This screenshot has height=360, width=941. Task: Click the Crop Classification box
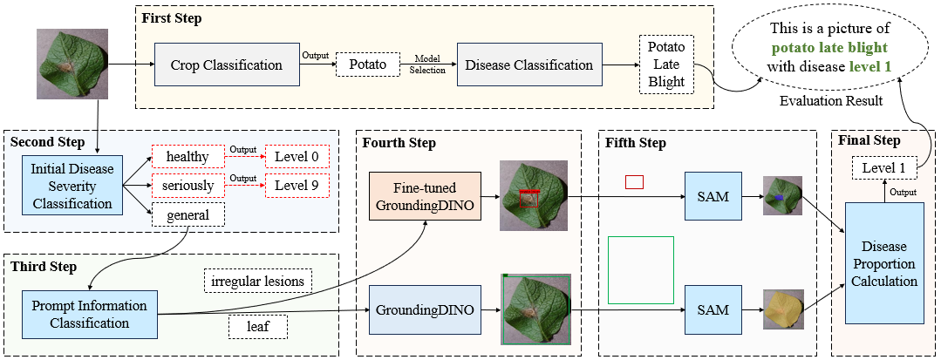point(226,65)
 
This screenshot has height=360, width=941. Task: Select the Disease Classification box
point(529,65)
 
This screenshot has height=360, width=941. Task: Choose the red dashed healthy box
point(188,156)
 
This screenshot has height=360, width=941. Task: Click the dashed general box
point(188,214)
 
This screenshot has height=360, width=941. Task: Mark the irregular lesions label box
point(256,281)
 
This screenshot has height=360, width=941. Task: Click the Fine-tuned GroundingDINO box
point(425,196)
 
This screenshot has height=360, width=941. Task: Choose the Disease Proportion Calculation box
point(884,264)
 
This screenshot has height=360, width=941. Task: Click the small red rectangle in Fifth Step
point(634,181)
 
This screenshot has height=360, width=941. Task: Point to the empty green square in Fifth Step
point(641,269)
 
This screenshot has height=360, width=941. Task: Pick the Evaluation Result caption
point(830,101)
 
